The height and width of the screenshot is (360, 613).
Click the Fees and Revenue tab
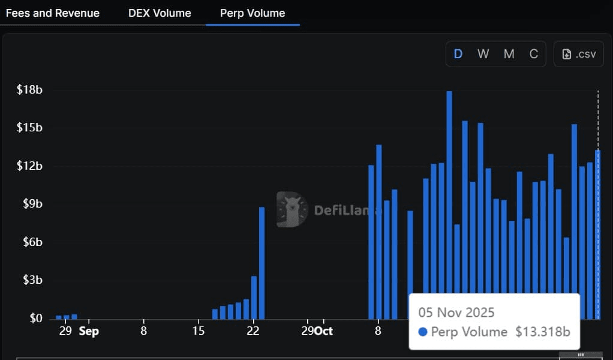(53, 13)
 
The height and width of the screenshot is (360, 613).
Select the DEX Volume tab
(160, 13)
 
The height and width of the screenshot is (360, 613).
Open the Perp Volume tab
(253, 13)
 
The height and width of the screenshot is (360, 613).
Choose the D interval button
(458, 54)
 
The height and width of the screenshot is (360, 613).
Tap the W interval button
(483, 54)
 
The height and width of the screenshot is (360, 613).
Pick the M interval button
(509, 54)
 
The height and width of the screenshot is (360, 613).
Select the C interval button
(533, 54)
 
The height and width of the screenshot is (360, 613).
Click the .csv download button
(579, 54)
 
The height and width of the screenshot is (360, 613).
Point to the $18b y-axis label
(30, 90)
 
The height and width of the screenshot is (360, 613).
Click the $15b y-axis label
(30, 128)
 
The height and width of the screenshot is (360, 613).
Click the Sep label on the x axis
(89, 331)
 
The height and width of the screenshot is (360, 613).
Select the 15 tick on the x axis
(199, 331)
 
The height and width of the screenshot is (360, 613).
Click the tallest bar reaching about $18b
(449, 204)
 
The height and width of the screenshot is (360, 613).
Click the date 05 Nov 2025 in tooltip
(456, 313)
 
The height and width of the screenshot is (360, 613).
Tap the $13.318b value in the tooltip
(542, 332)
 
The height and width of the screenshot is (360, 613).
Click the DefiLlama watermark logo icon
(292, 209)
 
